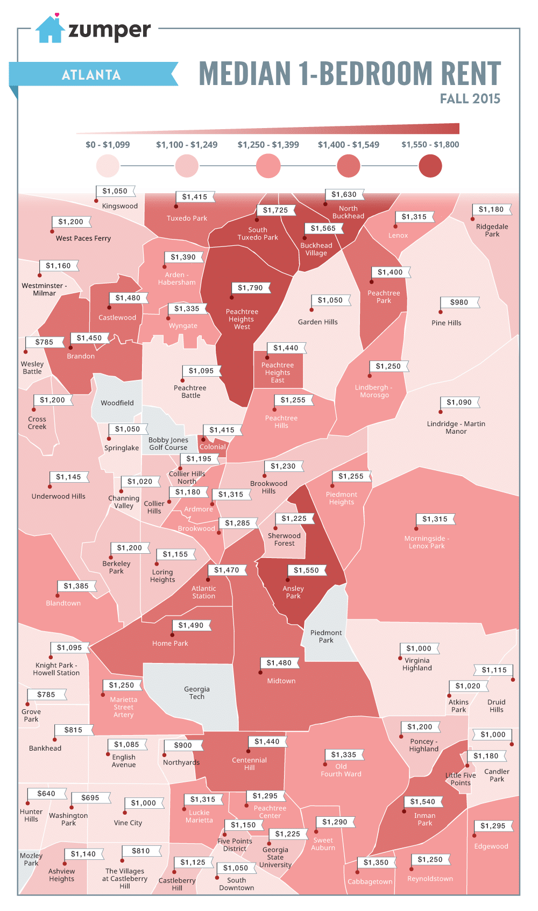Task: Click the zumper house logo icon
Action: (50, 30)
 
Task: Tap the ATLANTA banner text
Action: (91, 75)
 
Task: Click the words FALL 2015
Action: (470, 98)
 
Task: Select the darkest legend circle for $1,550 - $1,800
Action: (430, 166)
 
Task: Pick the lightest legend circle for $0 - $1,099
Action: (108, 166)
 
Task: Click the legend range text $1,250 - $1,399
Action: (268, 145)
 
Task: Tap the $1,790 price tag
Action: (250, 288)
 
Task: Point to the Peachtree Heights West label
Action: (242, 319)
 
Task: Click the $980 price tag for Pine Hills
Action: (459, 302)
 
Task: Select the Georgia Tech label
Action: (197, 693)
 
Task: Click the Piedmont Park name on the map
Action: (326, 637)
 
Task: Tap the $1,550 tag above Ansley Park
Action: (306, 570)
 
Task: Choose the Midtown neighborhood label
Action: (281, 681)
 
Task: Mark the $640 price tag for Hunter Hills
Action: (46, 794)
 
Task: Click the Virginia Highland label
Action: (417, 664)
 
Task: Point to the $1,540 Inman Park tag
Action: (422, 802)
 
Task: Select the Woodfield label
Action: (117, 403)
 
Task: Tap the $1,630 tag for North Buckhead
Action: (344, 194)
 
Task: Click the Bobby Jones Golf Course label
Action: (168, 443)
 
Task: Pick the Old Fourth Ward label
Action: (341, 770)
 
